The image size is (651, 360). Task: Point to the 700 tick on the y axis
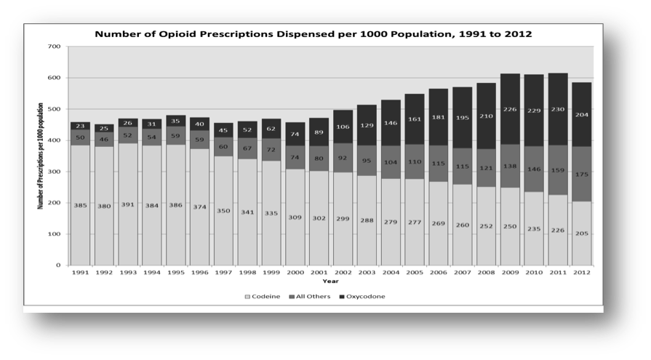click(x=54, y=47)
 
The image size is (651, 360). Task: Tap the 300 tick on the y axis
click(x=54, y=172)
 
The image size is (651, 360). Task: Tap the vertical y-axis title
click(x=40, y=156)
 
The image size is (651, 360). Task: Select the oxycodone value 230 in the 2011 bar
click(x=557, y=109)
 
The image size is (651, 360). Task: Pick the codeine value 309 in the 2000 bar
click(x=295, y=217)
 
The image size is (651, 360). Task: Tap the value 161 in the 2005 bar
click(x=414, y=118)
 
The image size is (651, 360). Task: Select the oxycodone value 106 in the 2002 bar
click(x=343, y=127)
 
